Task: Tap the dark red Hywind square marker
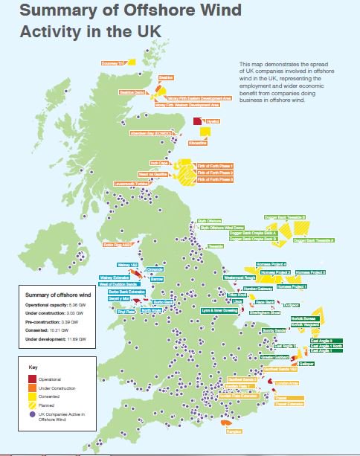(x=197, y=121)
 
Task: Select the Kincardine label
(x=197, y=141)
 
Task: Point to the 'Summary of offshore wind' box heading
(x=53, y=295)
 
